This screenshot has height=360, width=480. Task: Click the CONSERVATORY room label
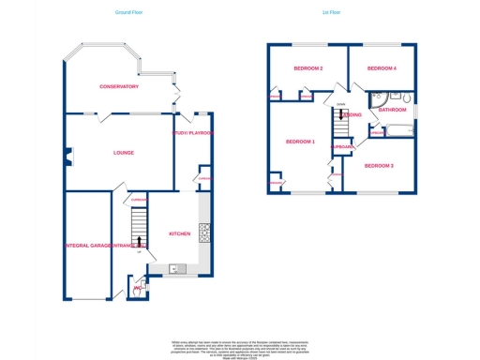(119, 86)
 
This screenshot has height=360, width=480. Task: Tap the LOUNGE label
(123, 152)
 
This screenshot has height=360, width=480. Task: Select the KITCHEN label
(179, 233)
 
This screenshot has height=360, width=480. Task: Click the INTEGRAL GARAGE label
(89, 246)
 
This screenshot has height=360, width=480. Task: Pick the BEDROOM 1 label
(300, 142)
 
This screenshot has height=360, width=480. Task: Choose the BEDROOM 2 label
(307, 68)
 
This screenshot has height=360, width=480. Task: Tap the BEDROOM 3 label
(378, 166)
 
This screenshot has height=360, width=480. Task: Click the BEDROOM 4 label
(382, 68)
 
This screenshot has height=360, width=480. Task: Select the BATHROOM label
(392, 110)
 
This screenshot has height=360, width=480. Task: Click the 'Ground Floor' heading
(129, 12)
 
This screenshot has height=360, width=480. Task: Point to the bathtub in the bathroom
(398, 130)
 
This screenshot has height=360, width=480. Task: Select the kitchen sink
(174, 269)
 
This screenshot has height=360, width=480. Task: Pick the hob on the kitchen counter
(204, 232)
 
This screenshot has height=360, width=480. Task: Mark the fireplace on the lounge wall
(67, 157)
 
